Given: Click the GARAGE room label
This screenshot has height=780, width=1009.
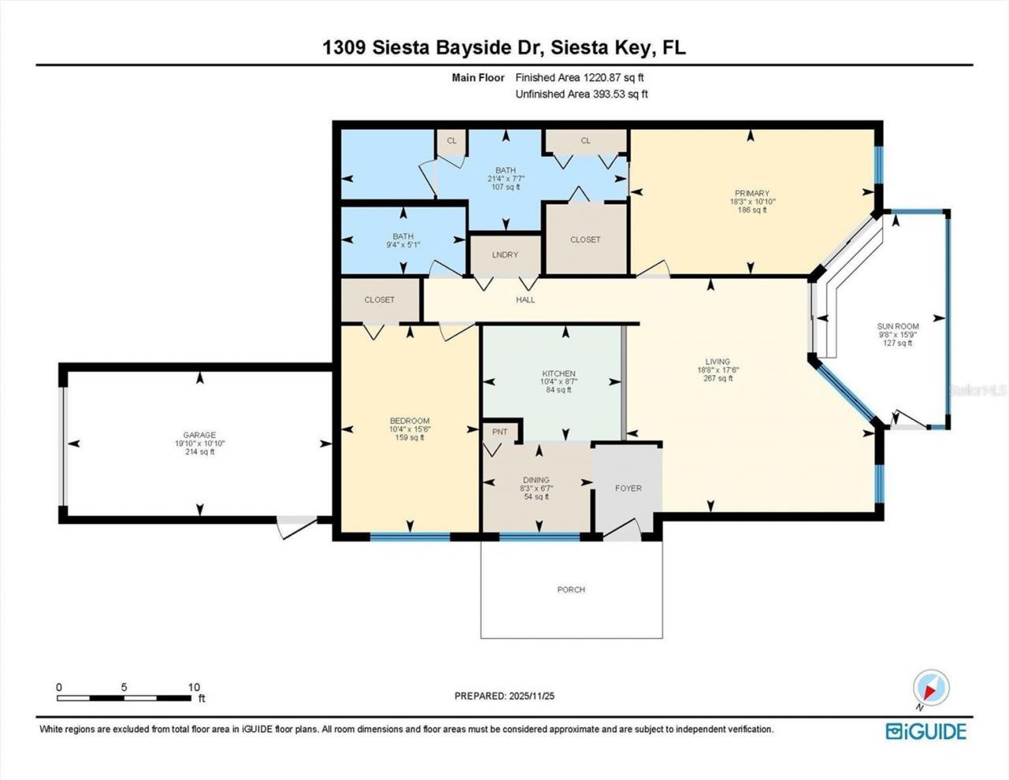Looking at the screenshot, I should [x=199, y=435].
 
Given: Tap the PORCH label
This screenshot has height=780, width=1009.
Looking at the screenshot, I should [x=571, y=589].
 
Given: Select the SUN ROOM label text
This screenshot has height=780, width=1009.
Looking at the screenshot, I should [x=898, y=326].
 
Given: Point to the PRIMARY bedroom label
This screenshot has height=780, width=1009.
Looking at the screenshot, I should [x=751, y=193].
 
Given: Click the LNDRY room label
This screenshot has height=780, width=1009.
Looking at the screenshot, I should [x=505, y=254].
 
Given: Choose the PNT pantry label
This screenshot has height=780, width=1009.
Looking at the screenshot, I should [x=500, y=432].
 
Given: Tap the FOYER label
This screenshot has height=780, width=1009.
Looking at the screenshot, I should [x=628, y=488].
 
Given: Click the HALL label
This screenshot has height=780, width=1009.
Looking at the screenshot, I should [x=525, y=299].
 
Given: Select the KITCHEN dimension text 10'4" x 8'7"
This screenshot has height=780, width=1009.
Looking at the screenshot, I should [x=558, y=382].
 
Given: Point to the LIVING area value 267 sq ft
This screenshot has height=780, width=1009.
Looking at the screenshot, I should [x=718, y=378].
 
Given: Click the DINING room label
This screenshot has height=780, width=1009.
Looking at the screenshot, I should [x=536, y=480].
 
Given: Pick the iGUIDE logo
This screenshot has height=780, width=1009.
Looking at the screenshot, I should [x=925, y=731].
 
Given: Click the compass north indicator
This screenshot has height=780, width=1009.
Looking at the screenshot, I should [x=931, y=688].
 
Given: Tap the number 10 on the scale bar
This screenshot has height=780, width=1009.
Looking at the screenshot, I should [x=194, y=687].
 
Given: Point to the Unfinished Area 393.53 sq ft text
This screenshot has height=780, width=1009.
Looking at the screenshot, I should [x=581, y=94].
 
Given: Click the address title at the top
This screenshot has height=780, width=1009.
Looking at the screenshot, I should [x=504, y=47].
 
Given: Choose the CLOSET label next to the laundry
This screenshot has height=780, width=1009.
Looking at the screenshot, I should [x=585, y=240].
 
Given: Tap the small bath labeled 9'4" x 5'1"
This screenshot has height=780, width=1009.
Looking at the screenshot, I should [x=403, y=240].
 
